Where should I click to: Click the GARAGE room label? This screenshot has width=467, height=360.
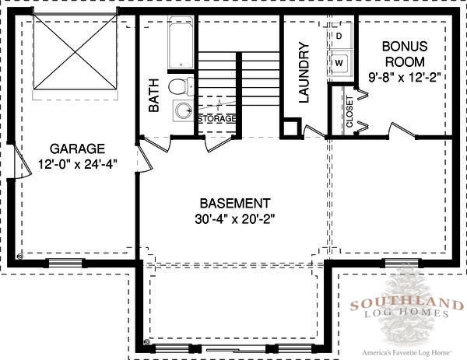[77, 149]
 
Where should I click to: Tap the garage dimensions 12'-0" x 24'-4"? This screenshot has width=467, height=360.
[78, 164]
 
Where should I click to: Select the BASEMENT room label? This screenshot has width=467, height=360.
[235, 204]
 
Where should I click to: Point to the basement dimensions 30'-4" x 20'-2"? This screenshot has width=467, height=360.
[234, 219]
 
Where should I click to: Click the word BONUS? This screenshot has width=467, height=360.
[405, 47]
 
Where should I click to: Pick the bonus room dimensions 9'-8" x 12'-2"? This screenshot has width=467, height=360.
[405, 77]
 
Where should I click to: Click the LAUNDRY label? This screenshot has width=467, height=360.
[304, 72]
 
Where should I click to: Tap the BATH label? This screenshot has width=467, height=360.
[153, 95]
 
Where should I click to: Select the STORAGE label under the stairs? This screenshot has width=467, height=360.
[217, 118]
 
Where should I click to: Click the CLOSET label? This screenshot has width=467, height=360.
[349, 111]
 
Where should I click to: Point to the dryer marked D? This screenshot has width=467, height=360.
[339, 36]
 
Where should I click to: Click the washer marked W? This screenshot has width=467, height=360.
[340, 63]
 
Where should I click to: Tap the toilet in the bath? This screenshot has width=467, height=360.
[181, 86]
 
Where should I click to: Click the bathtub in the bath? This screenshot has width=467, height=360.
[181, 43]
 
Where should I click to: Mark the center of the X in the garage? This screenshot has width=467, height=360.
[75, 52]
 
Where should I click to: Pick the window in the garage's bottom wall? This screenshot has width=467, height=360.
[65, 263]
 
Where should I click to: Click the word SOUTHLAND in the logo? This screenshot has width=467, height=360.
[407, 305]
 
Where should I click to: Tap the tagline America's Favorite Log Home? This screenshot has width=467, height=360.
[407, 353]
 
